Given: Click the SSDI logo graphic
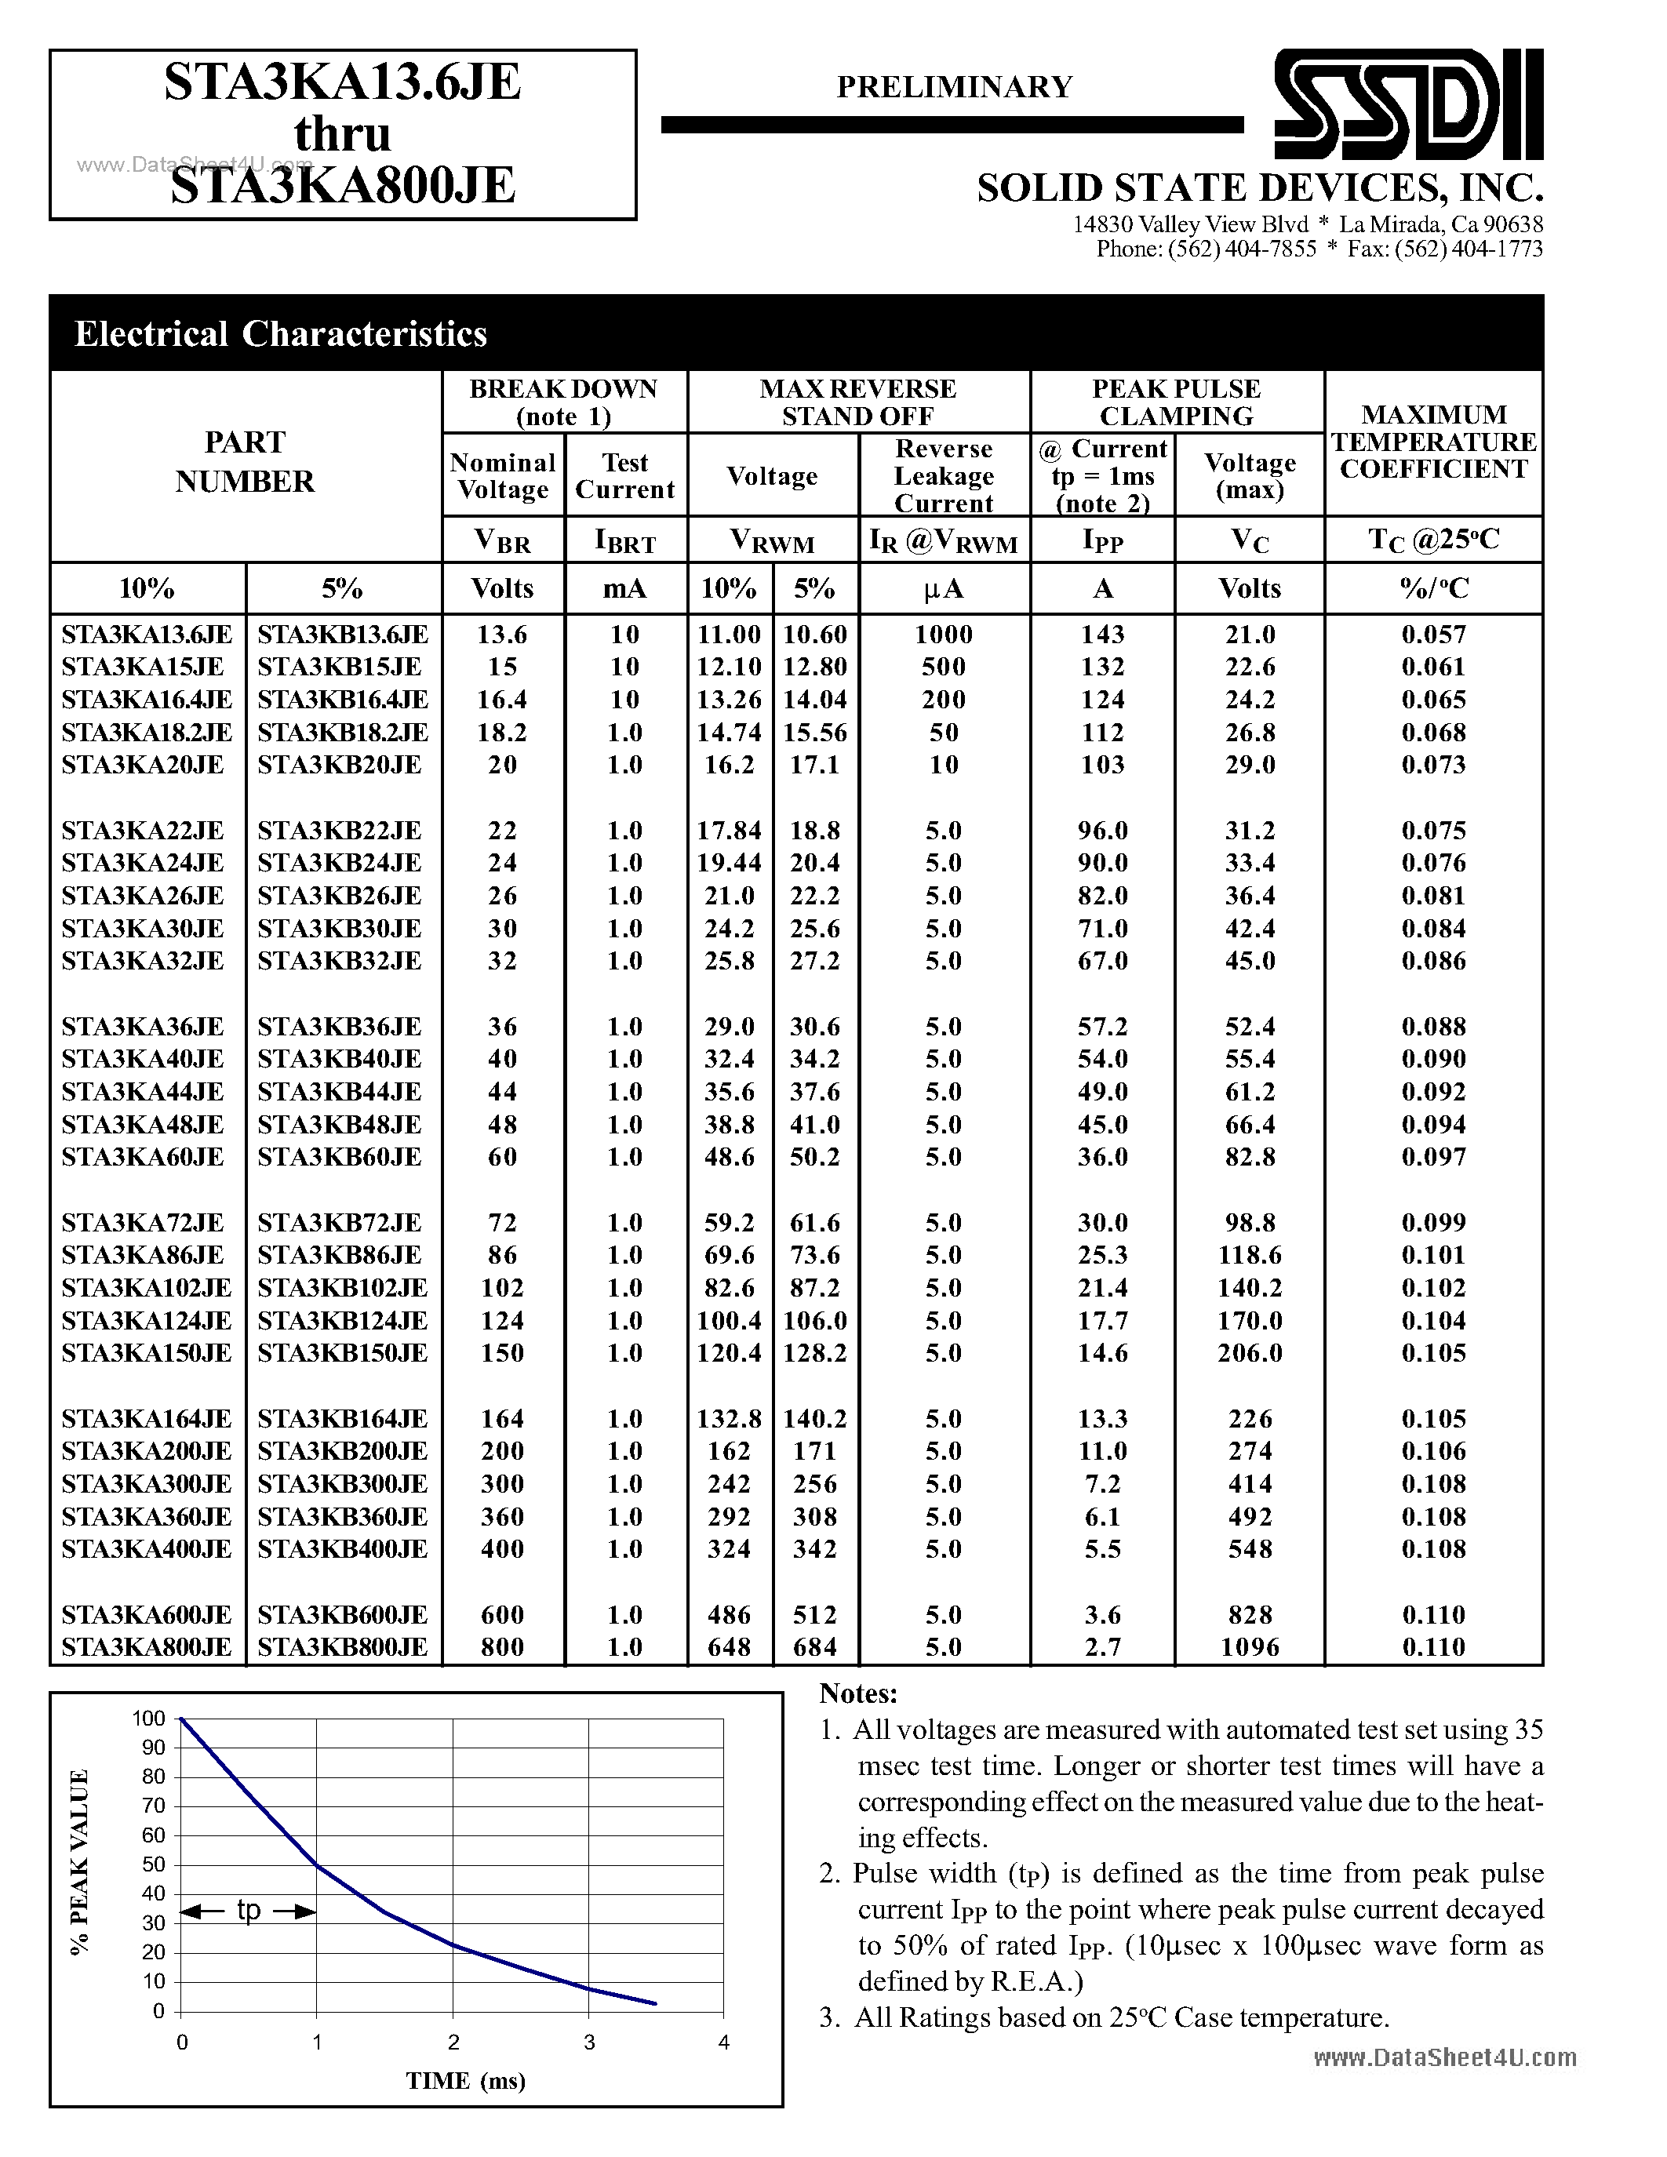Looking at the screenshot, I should (1407, 104).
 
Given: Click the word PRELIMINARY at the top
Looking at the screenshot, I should (954, 87).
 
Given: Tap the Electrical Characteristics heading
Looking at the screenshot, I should (281, 334).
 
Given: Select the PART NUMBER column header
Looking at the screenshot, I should (245, 461).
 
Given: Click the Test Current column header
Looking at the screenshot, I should (624, 476).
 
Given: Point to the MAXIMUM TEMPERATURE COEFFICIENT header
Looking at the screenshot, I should (1433, 442).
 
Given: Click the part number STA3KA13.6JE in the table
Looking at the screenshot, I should (146, 634).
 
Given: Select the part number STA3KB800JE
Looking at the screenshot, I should (342, 1647).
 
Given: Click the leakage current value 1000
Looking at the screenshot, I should (943, 634).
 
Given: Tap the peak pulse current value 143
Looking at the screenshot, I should (1102, 634).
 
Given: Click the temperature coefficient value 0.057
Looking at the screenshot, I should (1433, 634).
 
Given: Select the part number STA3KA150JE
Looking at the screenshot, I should (146, 1353).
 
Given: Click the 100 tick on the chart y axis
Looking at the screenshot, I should (149, 1719).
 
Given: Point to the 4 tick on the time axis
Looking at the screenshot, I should (724, 2042).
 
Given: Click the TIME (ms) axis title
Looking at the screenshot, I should (465, 2081).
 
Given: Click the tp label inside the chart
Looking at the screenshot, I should (248, 1910).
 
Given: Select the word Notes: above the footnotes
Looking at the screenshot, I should (857, 1693).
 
